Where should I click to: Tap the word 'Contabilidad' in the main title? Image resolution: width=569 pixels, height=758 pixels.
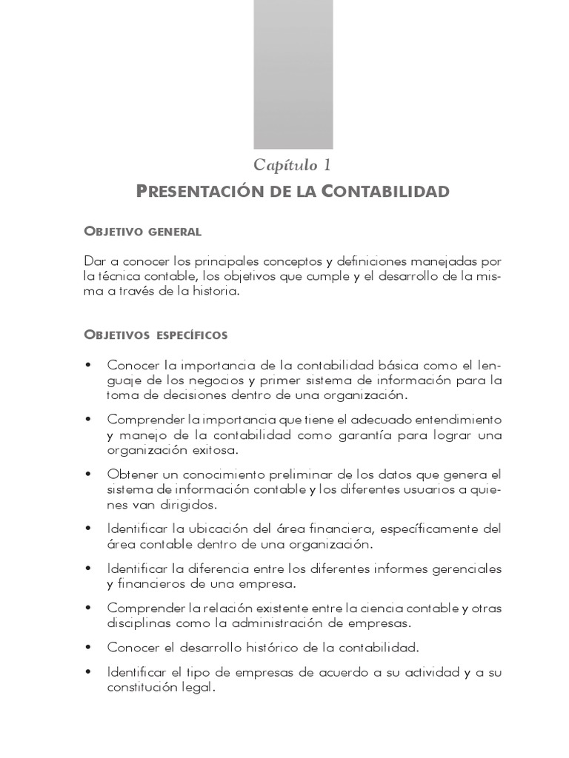click(x=385, y=192)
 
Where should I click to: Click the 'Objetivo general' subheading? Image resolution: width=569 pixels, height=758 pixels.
click(x=143, y=232)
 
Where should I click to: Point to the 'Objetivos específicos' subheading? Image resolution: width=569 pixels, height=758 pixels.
click(x=156, y=335)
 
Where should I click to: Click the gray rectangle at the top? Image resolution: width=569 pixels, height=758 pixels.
click(x=283, y=74)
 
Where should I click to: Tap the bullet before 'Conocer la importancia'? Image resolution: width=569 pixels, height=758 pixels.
click(x=89, y=366)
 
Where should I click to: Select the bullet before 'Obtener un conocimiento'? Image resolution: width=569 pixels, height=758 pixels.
click(x=89, y=474)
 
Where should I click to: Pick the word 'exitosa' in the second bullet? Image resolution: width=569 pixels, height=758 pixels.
click(x=215, y=449)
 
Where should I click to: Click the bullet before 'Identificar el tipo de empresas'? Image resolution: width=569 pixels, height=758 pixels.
click(x=89, y=672)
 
